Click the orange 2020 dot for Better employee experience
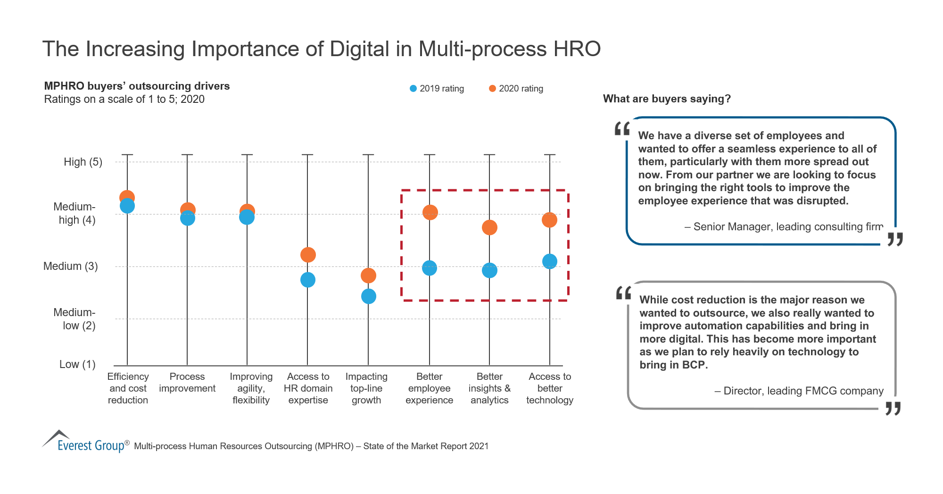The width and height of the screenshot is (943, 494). (x=430, y=212)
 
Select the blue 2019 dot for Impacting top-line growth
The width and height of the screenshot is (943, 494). (x=369, y=296)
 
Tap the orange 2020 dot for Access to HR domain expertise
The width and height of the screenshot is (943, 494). (x=308, y=255)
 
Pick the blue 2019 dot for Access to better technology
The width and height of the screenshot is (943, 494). (x=550, y=261)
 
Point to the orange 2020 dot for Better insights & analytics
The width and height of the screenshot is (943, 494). (x=489, y=227)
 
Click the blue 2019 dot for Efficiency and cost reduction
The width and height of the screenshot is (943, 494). (x=127, y=206)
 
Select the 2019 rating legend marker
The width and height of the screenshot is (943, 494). (x=414, y=89)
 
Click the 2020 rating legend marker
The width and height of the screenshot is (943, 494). (x=492, y=89)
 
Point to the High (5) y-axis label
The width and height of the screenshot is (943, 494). (x=83, y=162)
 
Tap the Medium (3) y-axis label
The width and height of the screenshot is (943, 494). (x=71, y=266)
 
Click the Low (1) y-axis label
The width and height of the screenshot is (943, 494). (x=77, y=364)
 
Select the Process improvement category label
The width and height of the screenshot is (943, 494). (x=187, y=383)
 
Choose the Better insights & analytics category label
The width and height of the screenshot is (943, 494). (x=489, y=388)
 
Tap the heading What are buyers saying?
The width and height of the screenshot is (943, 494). (x=667, y=99)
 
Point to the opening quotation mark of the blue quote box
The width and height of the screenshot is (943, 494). (x=622, y=129)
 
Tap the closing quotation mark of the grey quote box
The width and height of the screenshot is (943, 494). (x=893, y=408)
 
